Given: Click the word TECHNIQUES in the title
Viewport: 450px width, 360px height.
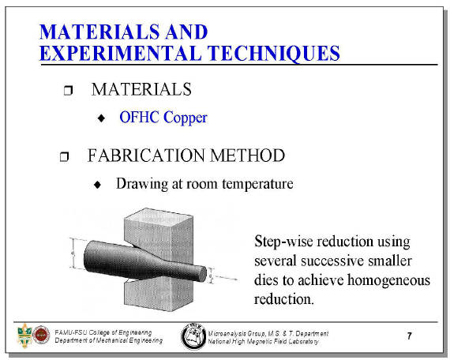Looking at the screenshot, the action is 273,54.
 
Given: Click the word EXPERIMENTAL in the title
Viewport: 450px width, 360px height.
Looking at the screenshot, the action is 121,53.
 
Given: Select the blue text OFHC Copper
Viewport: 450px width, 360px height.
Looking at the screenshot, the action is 163,118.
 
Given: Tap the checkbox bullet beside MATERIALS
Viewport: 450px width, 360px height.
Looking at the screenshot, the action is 68,90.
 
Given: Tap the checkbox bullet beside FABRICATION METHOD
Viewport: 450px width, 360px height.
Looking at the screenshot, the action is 64,156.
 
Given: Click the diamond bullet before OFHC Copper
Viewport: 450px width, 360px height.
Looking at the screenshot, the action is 101,118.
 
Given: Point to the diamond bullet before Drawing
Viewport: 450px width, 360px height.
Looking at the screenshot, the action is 98,185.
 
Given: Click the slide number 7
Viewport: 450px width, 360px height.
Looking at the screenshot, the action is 409,336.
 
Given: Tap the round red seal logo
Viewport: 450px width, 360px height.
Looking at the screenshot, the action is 41,335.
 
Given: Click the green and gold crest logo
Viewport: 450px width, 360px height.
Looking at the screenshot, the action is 24,336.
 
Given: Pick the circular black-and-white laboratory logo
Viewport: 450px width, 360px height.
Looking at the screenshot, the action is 193,336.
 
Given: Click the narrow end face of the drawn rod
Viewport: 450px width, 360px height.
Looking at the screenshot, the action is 203,274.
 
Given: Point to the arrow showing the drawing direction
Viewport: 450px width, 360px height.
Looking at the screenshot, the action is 226,278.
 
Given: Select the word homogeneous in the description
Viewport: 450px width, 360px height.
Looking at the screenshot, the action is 389,280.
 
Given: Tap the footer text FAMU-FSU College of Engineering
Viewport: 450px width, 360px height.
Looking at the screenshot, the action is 103,332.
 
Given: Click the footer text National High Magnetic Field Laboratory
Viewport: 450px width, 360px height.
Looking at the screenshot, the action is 263,342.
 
